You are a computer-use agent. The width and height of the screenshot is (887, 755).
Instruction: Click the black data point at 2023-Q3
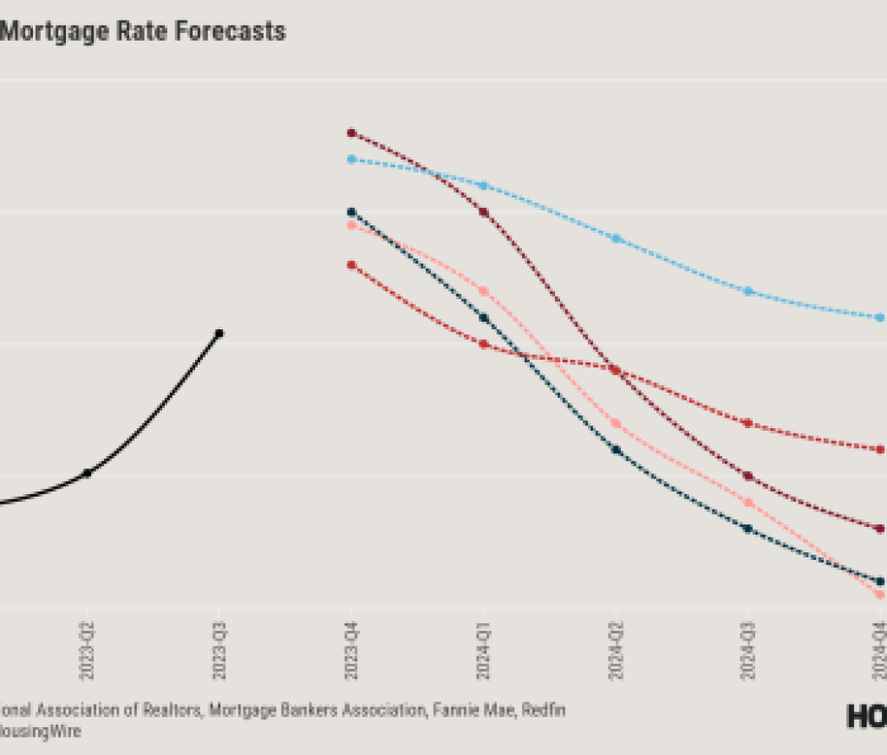tap(219, 334)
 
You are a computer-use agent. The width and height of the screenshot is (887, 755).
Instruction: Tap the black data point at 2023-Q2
tap(87, 472)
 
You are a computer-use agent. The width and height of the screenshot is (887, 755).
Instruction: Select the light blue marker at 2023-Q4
tap(351, 159)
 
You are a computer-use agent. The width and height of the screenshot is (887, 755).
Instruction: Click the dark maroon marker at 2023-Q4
tap(351, 133)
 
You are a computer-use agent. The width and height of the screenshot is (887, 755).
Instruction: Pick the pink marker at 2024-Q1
tap(484, 291)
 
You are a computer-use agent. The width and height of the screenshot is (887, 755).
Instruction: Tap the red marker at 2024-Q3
tap(748, 423)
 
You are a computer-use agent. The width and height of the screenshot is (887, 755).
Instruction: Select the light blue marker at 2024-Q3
tap(748, 291)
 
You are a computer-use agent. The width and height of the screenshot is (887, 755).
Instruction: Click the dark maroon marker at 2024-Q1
tap(484, 212)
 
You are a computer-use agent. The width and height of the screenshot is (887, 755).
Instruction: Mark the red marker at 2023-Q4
tap(351, 264)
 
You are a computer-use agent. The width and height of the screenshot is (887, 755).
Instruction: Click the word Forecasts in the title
tap(232, 32)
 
